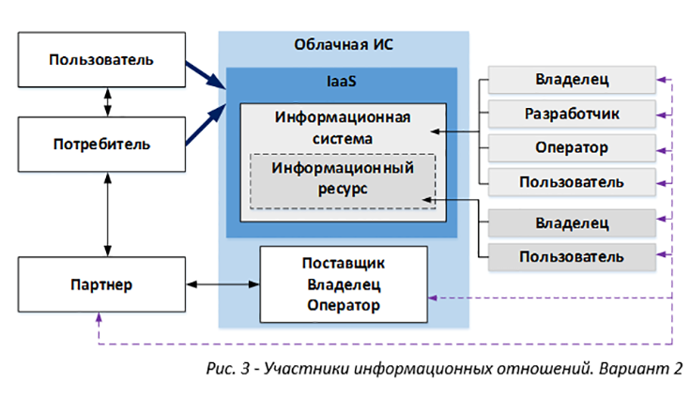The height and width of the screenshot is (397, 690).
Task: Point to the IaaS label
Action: (341, 83)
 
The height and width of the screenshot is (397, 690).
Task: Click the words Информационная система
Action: (343, 129)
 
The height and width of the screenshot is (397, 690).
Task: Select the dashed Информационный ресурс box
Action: (343, 179)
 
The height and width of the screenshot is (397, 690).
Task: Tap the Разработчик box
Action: (571, 114)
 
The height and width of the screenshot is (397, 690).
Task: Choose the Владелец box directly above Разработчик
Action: (571, 80)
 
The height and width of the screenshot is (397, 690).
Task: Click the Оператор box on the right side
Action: (571, 147)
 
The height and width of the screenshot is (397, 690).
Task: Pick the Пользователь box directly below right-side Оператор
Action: (571, 181)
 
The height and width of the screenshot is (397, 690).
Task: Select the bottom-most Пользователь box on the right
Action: (571, 255)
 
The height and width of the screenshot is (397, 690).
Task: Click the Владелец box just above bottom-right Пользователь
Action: (571, 222)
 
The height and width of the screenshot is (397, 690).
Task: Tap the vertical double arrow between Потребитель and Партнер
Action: (111, 217)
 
